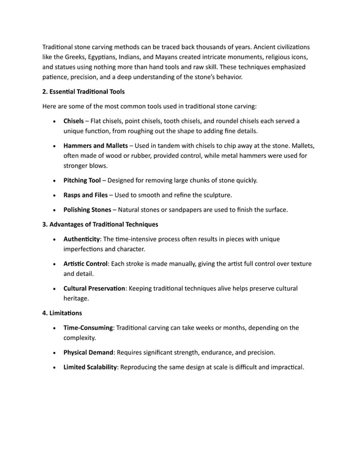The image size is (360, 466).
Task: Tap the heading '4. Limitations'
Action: click(62, 312)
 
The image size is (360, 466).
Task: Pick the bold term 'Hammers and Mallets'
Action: click(95, 146)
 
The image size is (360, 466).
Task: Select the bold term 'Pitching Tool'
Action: click(82, 181)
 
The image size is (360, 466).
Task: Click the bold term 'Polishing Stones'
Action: click(87, 210)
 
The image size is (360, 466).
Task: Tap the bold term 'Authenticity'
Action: click(82, 239)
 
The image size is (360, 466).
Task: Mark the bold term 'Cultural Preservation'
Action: click(95, 288)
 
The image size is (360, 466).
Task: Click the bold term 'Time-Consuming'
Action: click(89, 327)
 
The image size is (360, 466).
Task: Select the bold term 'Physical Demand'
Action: click(89, 353)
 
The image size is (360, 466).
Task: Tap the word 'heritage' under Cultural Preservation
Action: click(76, 299)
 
